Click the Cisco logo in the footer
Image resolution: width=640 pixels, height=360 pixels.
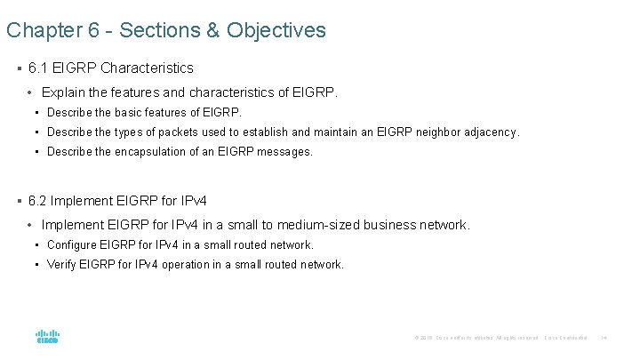(x=47, y=337)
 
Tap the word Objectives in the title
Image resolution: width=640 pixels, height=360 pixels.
(x=276, y=30)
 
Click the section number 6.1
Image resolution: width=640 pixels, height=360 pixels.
(x=38, y=68)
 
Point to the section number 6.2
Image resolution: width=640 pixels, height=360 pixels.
(x=38, y=201)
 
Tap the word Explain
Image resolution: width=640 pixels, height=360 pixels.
(x=63, y=92)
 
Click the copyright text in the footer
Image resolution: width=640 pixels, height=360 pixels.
(x=476, y=338)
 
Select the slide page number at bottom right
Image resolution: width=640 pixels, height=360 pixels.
(x=604, y=338)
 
